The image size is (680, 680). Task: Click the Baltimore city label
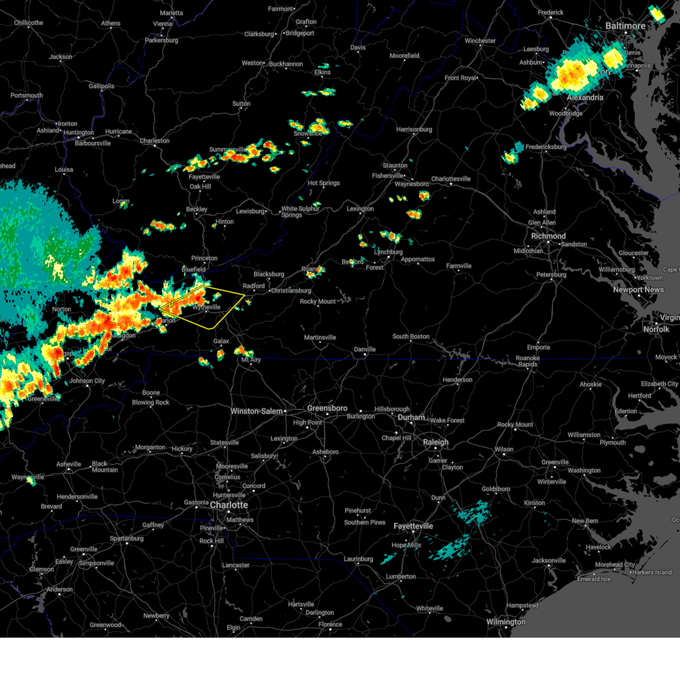click(625, 26)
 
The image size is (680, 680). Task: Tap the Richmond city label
click(548, 236)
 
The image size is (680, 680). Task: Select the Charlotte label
click(229, 505)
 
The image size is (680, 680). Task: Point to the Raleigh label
click(435, 442)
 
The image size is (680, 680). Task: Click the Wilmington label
click(506, 622)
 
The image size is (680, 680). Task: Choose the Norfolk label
click(656, 329)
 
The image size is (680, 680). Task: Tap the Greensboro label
click(327, 408)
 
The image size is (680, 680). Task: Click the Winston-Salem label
click(256, 411)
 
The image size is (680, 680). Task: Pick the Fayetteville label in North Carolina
click(413, 526)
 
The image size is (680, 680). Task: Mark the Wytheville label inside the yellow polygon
click(206, 307)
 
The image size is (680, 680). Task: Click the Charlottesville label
click(450, 179)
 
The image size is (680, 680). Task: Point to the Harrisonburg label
click(414, 129)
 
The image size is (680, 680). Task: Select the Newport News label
click(638, 290)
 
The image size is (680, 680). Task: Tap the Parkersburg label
click(161, 40)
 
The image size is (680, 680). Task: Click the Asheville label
click(69, 464)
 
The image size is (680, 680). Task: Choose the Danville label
click(364, 349)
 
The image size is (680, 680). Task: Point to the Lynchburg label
click(388, 252)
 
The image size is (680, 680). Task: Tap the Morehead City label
click(615, 564)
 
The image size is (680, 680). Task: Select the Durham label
click(411, 417)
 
